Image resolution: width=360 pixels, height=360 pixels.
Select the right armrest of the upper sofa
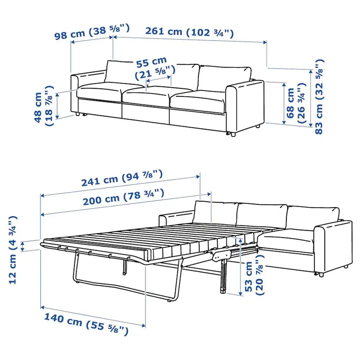[245, 107]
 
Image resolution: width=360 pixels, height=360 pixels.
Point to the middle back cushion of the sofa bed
[262, 215]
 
